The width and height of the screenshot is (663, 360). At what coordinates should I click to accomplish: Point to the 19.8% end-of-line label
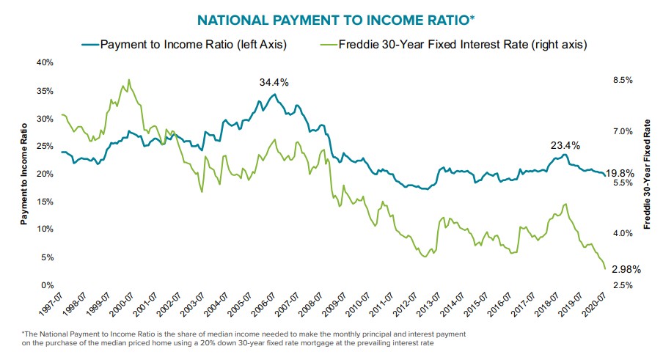point(622,174)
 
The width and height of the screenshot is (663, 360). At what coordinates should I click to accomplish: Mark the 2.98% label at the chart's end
point(623,269)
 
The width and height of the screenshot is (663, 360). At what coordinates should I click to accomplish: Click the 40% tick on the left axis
point(44,63)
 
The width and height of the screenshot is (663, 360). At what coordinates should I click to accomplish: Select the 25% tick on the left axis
point(44,147)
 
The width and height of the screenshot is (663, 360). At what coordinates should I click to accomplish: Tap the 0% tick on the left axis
point(46,285)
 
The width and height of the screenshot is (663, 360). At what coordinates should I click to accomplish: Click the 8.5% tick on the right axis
point(622,80)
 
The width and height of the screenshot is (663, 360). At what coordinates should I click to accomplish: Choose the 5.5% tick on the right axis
point(622,183)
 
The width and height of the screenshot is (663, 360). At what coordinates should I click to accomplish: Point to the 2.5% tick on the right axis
point(622,285)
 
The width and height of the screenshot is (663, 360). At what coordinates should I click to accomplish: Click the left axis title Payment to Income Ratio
point(24,174)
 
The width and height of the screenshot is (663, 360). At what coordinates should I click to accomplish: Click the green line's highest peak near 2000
point(129,79)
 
